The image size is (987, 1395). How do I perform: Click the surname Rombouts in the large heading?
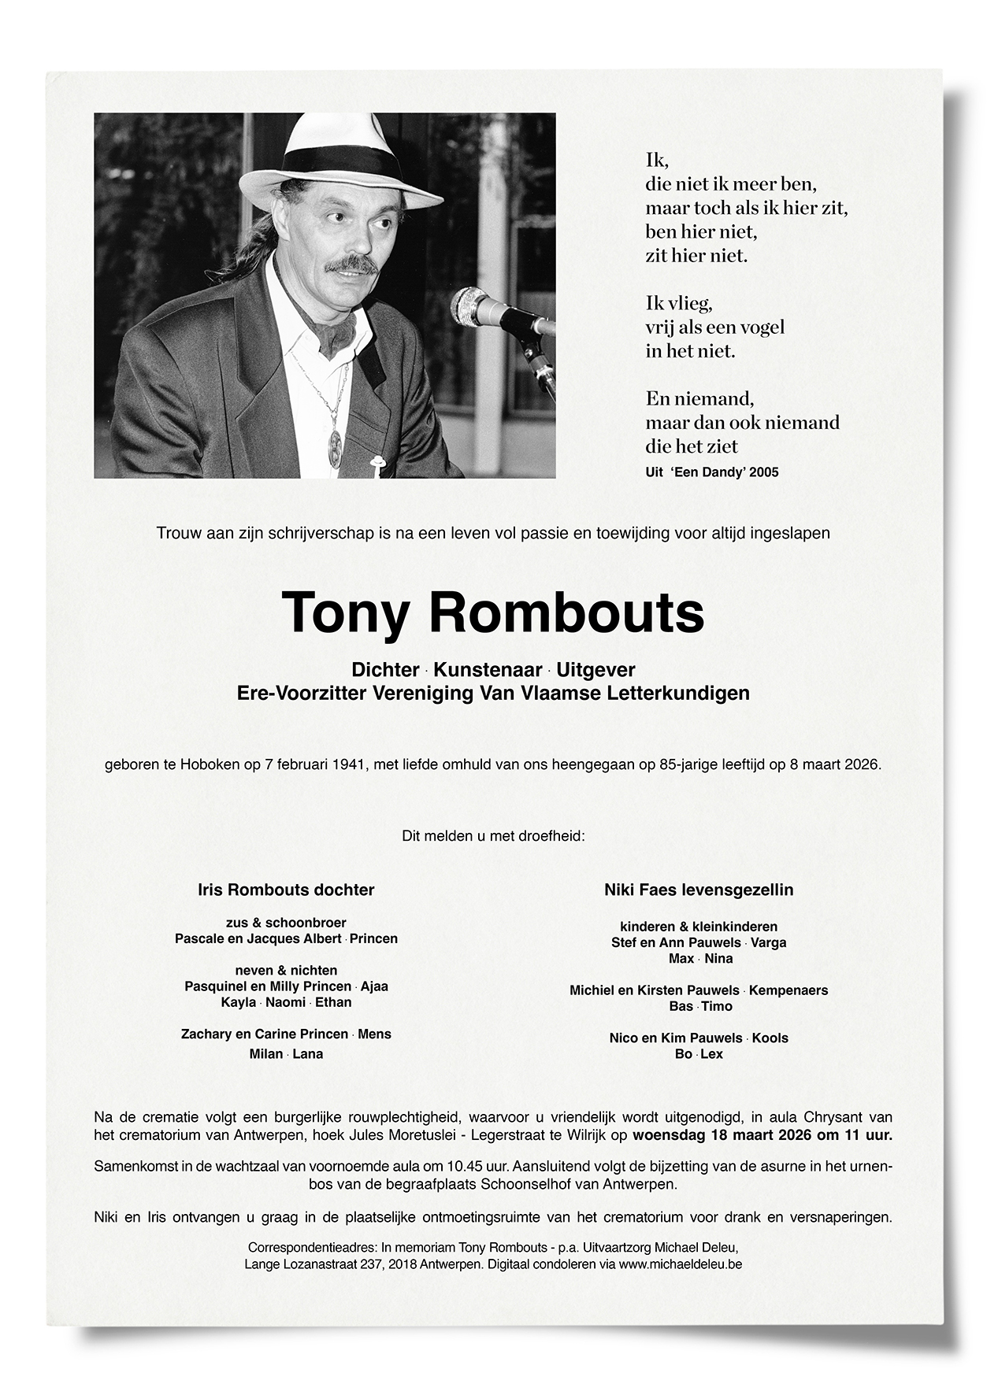pos(567,612)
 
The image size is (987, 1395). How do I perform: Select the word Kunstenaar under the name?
pos(488,670)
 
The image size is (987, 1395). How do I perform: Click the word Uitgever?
pos(596,670)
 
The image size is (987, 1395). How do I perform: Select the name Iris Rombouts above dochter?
pos(254,890)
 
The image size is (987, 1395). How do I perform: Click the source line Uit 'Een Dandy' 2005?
pos(711,472)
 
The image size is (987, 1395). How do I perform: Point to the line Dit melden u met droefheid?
pos(493,835)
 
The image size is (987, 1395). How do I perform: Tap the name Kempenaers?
pos(788,990)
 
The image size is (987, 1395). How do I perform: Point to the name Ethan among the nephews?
pos(333,1002)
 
